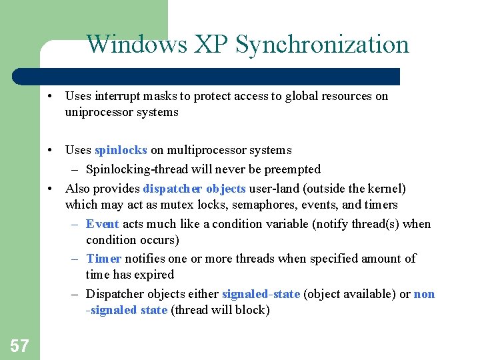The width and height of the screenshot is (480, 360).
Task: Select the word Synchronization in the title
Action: pos(323,45)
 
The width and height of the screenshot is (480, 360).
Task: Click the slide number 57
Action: pos(19,345)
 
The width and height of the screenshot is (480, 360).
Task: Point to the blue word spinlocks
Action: pos(121,150)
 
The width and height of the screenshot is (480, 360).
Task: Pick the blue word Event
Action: pos(102,224)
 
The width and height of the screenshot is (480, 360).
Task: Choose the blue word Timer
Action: pos(103,259)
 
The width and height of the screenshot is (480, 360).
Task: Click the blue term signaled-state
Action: pos(261,294)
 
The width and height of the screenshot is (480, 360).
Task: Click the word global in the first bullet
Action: pos(306,96)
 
